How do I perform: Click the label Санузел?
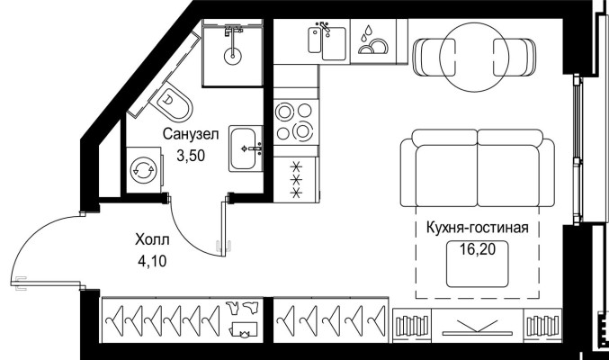191,134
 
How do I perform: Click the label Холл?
150,240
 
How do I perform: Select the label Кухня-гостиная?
477,228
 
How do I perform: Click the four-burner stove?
295,121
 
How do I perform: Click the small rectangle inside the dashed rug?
477,265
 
